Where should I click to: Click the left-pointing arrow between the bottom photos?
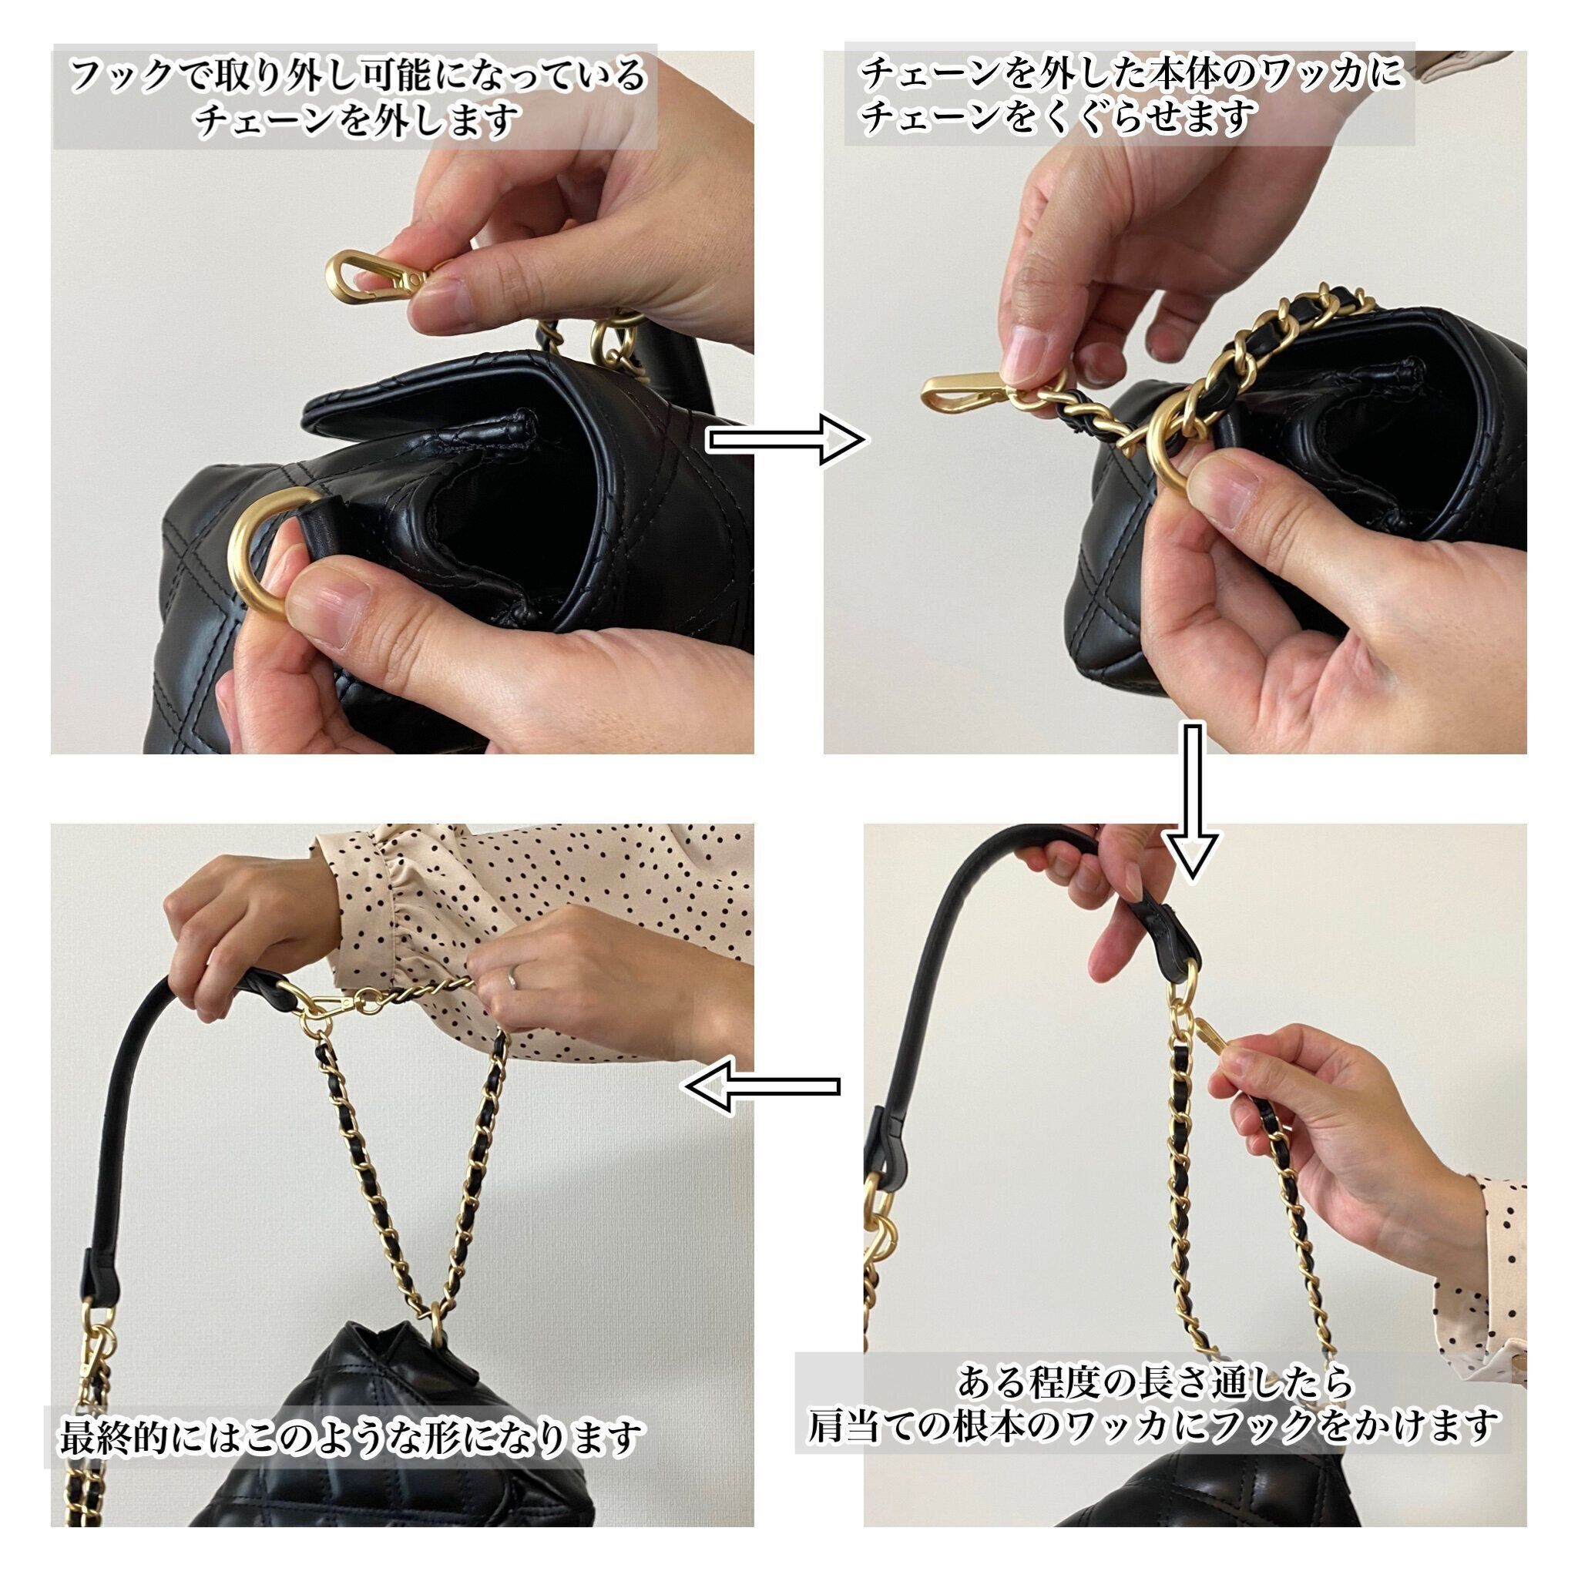pyautogui.click(x=762, y=1086)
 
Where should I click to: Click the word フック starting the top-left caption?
pyautogui.click(x=119, y=76)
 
